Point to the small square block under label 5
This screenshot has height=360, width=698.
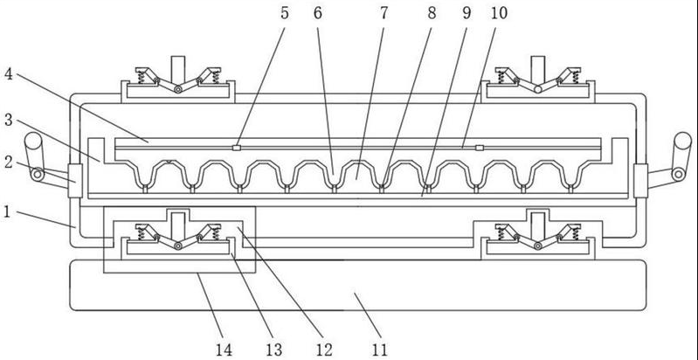[237, 149]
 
